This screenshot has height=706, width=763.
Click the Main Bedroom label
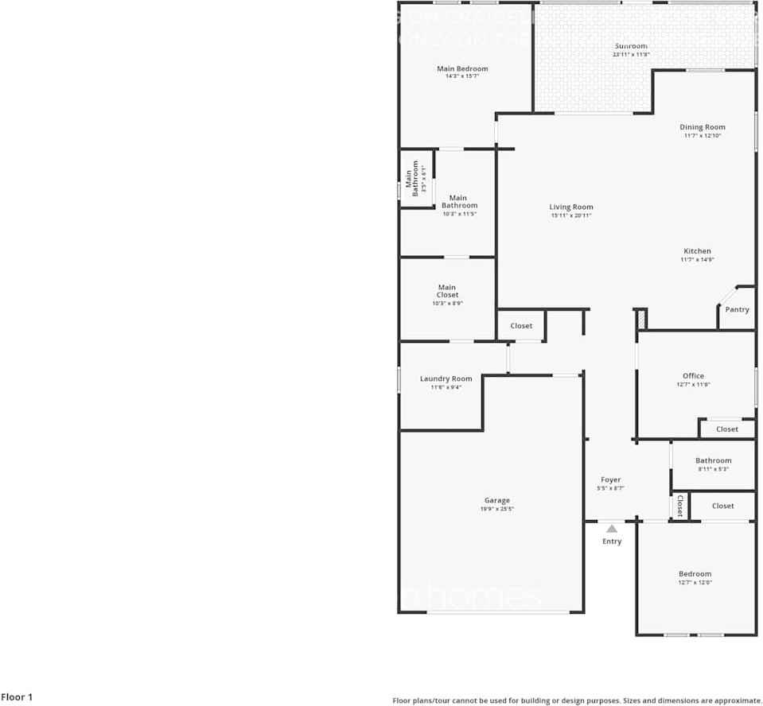point(462,69)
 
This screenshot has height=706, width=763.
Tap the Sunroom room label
point(631,46)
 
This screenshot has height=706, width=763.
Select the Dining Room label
point(703,127)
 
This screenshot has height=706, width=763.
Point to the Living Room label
point(571,208)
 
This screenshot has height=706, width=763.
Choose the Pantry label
point(738,309)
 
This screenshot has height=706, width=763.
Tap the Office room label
point(693,376)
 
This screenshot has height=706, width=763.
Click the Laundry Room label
point(446,378)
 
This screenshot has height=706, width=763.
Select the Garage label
point(497,501)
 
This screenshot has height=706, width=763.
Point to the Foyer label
point(610,480)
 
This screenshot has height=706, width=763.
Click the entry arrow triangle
point(611,528)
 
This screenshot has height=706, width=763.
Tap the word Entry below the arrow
point(612,541)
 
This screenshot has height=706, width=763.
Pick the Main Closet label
point(447,291)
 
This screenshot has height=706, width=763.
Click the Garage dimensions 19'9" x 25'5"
point(497,509)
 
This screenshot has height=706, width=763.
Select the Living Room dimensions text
point(571,215)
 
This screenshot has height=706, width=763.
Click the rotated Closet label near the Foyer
point(679,506)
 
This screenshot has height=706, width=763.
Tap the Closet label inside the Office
point(727,429)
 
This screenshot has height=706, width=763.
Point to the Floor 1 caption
point(17,697)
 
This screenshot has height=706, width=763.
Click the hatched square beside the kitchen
point(640,319)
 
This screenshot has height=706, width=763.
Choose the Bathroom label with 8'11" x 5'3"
point(713,460)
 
